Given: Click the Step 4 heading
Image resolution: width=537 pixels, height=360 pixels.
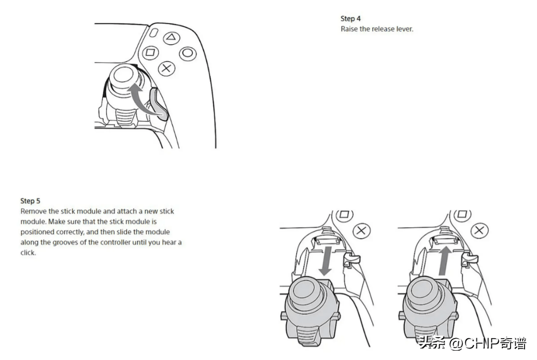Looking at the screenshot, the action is pos(350,19).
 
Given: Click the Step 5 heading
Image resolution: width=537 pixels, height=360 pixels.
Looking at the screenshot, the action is pos(30,201).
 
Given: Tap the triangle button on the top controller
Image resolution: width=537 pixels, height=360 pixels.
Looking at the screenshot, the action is pos(171,37).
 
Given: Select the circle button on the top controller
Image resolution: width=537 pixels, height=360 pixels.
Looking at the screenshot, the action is pos(188,53).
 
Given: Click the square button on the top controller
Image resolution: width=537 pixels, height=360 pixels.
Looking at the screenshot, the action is pos(150,52).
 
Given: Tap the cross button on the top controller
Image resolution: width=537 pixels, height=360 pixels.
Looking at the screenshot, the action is pos(166,68).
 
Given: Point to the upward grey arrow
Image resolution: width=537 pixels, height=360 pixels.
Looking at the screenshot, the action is pos(445,261).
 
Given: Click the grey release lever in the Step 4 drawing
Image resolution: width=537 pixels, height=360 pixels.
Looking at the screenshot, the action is pos(159,104).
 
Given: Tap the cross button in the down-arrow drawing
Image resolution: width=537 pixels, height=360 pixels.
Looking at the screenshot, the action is pos(361,230).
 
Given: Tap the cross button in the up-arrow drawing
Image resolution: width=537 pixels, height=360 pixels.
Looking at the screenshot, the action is pos(479,230).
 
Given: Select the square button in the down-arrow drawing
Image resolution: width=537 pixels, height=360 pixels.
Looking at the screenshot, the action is pos(344,215).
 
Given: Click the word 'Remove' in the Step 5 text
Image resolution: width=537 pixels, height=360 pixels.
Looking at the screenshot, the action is pos(34,211).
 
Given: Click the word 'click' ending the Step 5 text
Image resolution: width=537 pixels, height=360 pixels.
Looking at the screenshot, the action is pos(28,253).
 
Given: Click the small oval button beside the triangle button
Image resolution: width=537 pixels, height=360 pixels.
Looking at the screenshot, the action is pos(154,33).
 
